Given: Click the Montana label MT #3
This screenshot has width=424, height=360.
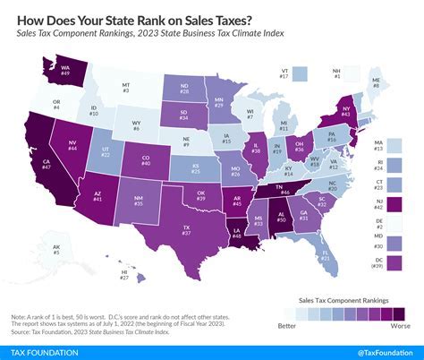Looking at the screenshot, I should pyautogui.click(x=125, y=87).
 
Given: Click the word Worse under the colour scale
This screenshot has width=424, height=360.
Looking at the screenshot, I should pyautogui.click(x=401, y=328).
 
